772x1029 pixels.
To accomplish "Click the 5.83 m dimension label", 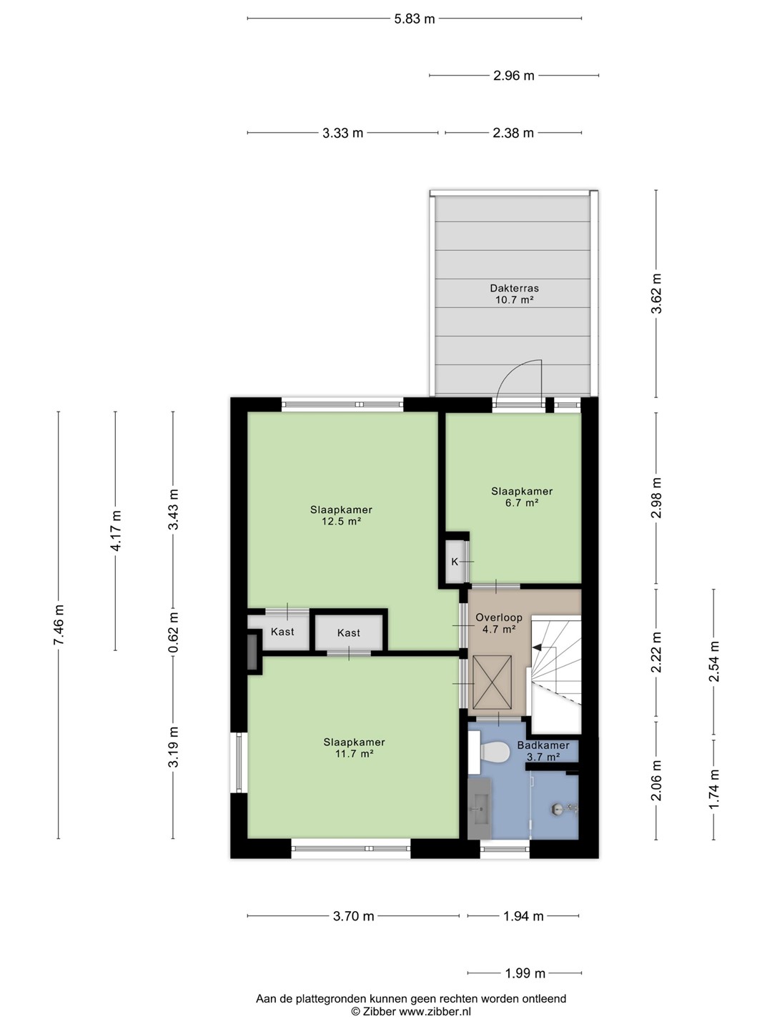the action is (x=415, y=19).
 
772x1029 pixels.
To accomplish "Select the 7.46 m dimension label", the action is (x=59, y=625).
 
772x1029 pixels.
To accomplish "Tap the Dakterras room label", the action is (x=514, y=288).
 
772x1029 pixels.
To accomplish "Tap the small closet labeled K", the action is (x=454, y=562).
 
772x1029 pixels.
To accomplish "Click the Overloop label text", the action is (x=499, y=617).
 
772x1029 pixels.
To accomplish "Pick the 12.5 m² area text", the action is (x=341, y=522).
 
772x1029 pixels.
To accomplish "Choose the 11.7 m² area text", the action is (x=354, y=754).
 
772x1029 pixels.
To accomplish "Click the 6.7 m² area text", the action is (x=521, y=502).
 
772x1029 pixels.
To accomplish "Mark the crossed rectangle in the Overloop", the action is (x=493, y=682).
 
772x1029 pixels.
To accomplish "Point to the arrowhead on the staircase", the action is (x=537, y=647).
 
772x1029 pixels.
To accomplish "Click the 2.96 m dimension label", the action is (x=514, y=76).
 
